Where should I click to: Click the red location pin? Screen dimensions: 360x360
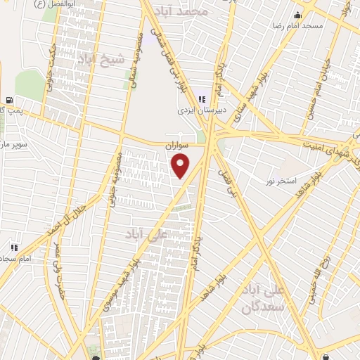(181, 166)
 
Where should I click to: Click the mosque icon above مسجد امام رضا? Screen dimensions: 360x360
(298, 15)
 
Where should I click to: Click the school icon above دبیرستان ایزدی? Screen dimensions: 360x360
(202, 99)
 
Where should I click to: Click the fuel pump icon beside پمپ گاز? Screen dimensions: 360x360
(8, 100)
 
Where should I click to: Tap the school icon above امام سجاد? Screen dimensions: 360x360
(13, 247)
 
